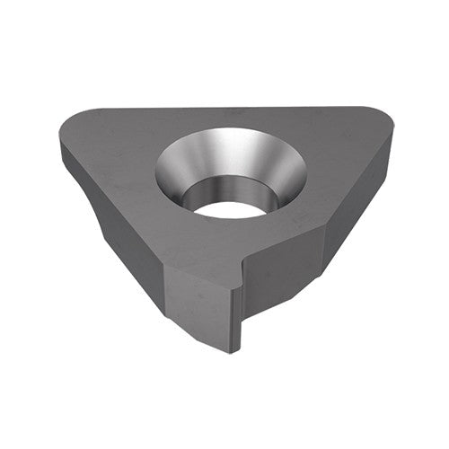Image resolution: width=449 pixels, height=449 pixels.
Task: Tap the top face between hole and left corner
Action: point(117,153)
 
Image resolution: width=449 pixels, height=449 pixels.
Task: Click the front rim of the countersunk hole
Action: point(229,220)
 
